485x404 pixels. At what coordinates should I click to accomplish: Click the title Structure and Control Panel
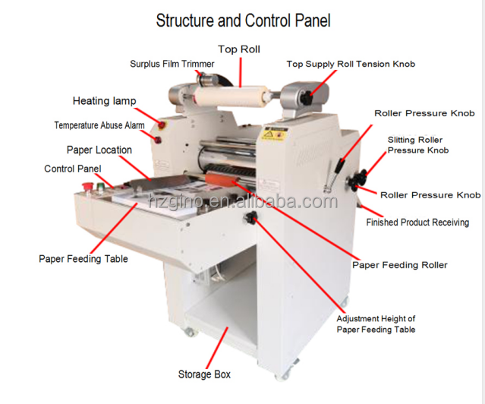click(243, 20)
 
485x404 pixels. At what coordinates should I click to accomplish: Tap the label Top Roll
click(239, 49)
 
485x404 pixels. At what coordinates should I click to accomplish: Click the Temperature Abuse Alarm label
click(99, 125)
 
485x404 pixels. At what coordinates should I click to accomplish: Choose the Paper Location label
click(99, 150)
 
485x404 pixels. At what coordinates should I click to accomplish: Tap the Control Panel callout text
click(73, 169)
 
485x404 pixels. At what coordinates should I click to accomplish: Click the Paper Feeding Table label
click(83, 259)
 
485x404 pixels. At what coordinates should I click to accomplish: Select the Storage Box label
click(204, 374)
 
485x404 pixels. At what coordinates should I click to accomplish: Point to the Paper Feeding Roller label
click(399, 265)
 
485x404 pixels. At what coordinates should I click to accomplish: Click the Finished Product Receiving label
click(417, 223)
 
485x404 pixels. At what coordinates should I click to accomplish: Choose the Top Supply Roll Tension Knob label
click(351, 65)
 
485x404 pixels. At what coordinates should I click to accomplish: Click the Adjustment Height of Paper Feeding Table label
click(376, 324)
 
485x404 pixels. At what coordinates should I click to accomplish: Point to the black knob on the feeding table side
click(250, 219)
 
